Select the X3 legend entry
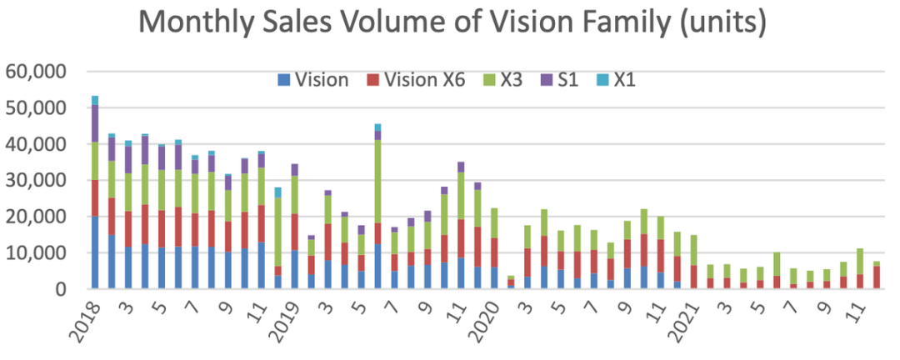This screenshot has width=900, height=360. pyautogui.click(x=508, y=80)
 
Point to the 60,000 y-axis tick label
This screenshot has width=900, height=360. pyautogui.click(x=36, y=72)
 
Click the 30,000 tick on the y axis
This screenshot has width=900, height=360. pyautogui.click(x=36, y=180)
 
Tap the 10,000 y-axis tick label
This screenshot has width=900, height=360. pyautogui.click(x=36, y=252)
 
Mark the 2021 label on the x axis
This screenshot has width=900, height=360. pyautogui.click(x=691, y=321)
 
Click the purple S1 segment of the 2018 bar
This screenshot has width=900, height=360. pyautogui.click(x=95, y=123)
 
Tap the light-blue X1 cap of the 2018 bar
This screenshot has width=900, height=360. pyautogui.click(x=95, y=100)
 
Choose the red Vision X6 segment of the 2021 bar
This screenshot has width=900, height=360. pyautogui.click(x=694, y=277)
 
